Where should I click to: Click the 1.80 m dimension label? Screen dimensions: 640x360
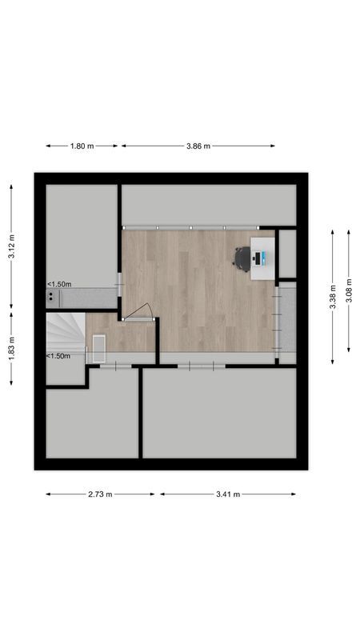click(82, 146)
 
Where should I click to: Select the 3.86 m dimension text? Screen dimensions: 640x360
click(198, 146)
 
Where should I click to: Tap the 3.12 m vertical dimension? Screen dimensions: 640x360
click(12, 246)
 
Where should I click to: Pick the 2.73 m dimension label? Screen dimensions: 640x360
click(101, 494)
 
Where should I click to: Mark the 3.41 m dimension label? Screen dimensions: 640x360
click(228, 494)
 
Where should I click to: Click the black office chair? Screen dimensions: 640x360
click(242, 257)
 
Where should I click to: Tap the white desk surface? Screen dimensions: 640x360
click(262, 258)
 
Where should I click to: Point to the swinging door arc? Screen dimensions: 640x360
click(142, 312)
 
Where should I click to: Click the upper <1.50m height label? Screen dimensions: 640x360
click(59, 284)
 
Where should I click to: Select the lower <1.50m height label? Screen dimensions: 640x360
click(59, 357)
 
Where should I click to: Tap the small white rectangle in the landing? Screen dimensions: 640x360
click(99, 349)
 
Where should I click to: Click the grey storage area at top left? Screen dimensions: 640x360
click(82, 232)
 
